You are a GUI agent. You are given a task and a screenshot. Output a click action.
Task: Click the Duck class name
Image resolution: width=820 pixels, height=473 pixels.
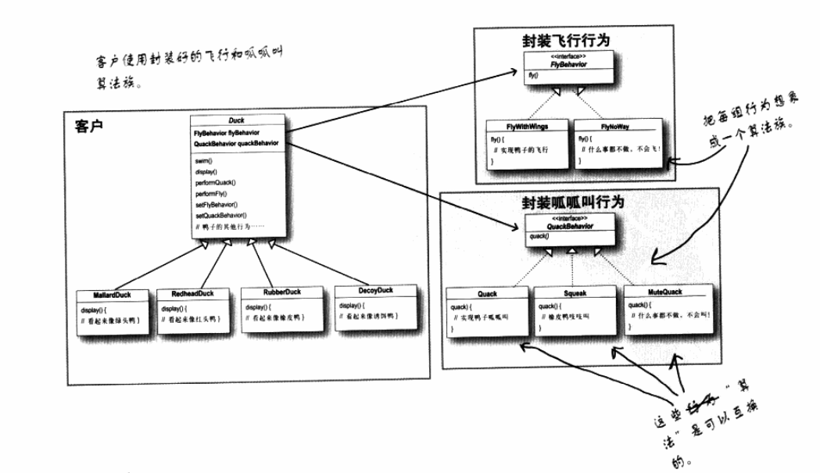pos(236,120)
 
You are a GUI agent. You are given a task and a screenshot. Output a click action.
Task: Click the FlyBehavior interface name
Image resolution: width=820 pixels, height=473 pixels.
pos(568,65)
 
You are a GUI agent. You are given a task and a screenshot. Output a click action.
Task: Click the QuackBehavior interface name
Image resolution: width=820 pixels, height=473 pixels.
pos(570,227)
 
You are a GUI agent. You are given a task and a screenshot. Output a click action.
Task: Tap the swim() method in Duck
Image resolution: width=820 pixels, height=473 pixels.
pos(205,160)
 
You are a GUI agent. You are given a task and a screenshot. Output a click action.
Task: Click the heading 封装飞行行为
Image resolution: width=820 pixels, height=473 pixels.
pos(566,39)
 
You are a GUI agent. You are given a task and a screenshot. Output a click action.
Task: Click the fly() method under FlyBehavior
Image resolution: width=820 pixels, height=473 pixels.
pos(532,78)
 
